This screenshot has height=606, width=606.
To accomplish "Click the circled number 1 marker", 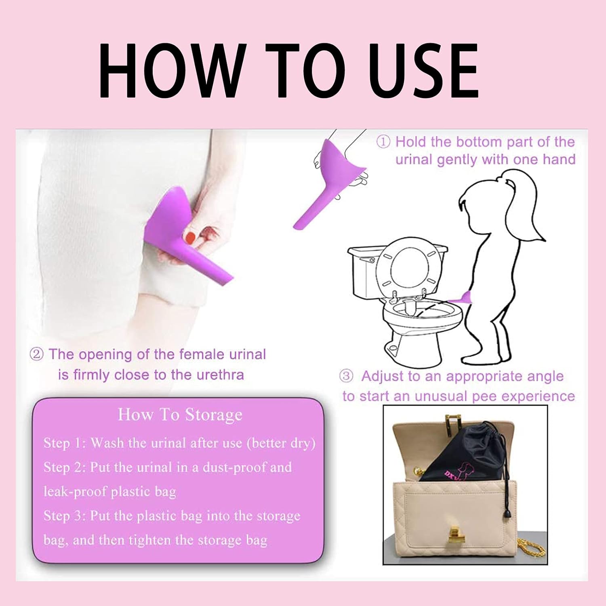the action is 383,142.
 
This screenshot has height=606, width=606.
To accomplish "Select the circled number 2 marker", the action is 36,355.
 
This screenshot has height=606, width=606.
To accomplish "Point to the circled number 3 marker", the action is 346,376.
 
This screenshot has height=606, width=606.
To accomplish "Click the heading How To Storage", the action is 180,415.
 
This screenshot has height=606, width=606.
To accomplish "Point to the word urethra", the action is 220,375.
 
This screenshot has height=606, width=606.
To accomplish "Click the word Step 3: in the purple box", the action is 65,516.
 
